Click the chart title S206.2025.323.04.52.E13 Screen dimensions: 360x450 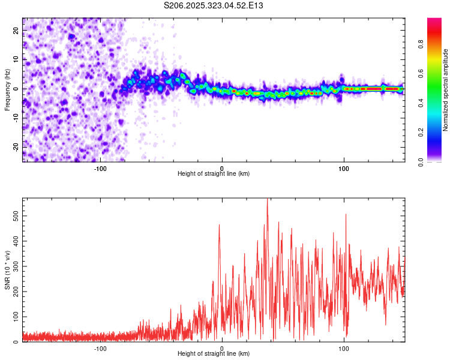[x=214, y=5]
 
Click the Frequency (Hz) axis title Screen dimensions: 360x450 [x=7, y=89]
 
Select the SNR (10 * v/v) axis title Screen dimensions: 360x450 [x=7, y=269]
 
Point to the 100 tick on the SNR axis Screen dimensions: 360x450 [x=15, y=316]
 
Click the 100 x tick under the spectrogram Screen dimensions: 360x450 [x=344, y=169]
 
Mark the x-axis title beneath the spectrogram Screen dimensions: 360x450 [x=214, y=174]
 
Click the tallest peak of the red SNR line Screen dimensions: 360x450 [x=267, y=199]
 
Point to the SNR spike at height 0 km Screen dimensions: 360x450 [x=219, y=225]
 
